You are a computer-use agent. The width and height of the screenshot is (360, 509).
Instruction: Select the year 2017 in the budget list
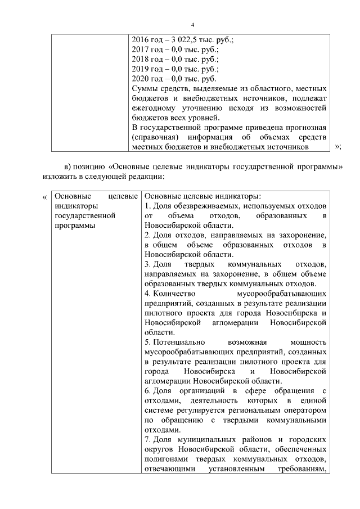[140, 50]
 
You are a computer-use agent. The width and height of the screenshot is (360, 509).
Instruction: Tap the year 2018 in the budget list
[140, 60]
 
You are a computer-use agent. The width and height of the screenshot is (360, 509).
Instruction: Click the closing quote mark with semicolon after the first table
[337, 147]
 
